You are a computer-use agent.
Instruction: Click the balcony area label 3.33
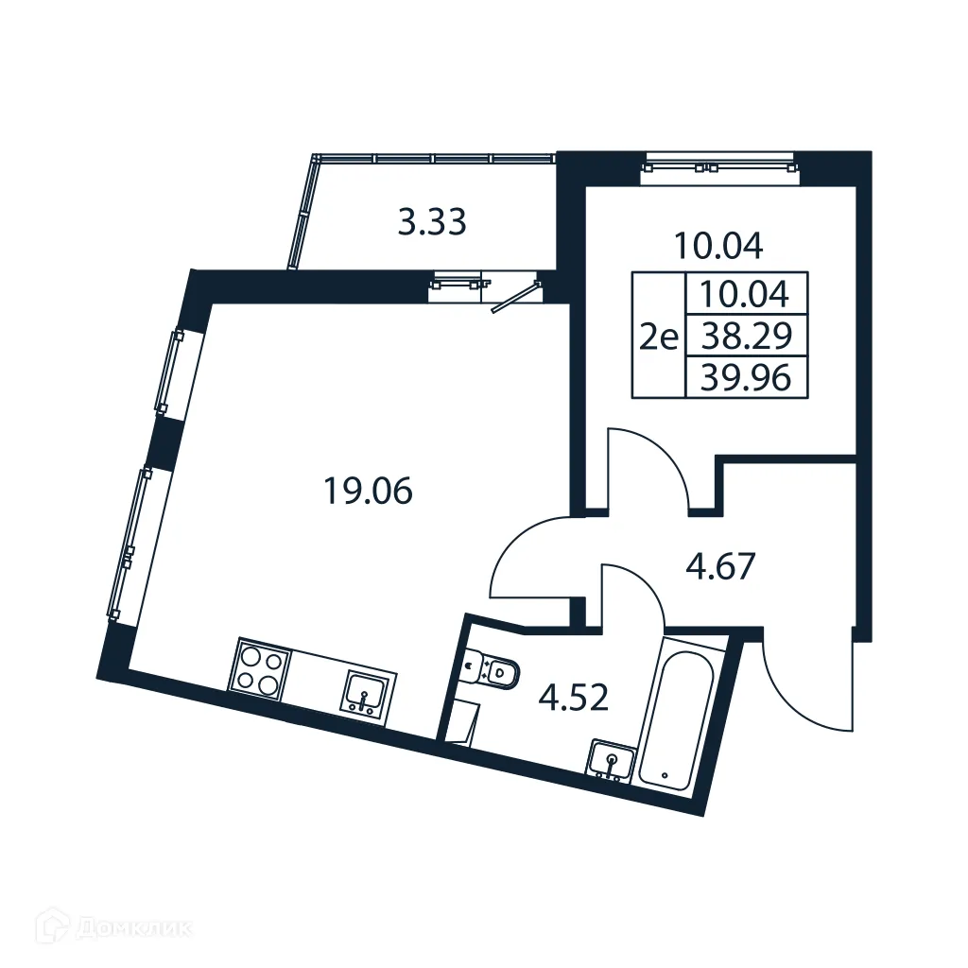pos(431,224)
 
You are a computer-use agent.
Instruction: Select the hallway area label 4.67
pos(720,568)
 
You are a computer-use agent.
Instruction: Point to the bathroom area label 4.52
pos(574,699)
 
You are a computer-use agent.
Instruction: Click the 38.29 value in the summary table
pos(746,336)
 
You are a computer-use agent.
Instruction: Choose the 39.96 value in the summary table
pos(746,378)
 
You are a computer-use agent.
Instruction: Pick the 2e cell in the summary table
pos(658,336)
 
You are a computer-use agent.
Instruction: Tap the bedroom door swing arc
pos(652,463)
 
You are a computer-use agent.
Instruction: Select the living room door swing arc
pos(529,558)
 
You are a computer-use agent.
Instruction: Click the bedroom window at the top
pos(718,167)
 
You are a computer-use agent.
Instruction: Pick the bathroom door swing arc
pos(633,596)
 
